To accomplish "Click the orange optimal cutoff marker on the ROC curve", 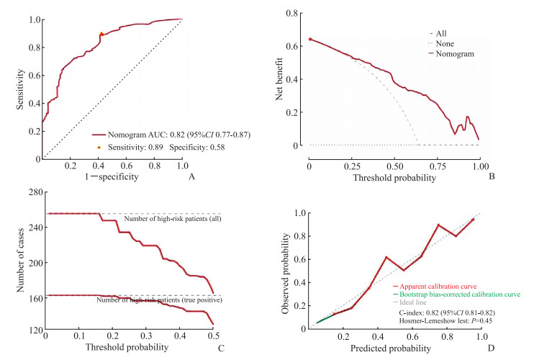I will click(102, 35).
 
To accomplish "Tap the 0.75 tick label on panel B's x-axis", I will click(435, 158).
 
